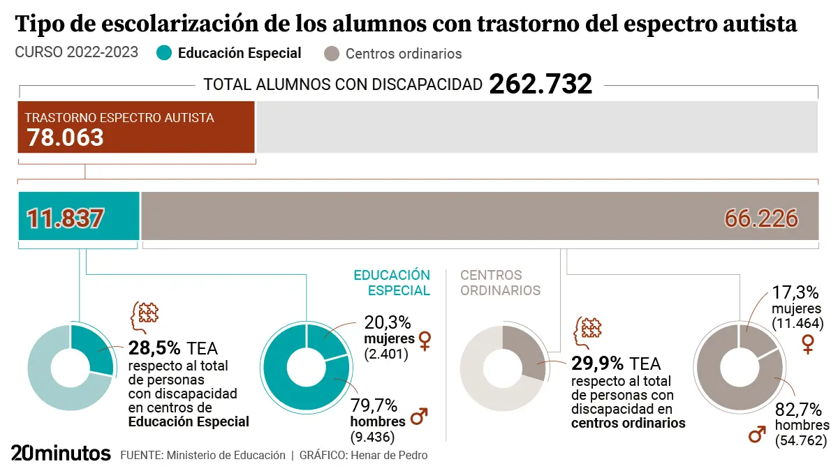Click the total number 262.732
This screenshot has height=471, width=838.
(541, 84)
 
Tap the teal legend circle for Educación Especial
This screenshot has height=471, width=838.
(164, 53)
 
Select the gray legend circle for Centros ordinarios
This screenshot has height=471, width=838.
(332, 54)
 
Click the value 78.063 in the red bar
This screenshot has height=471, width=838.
(65, 137)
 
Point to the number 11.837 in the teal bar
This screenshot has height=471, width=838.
(65, 218)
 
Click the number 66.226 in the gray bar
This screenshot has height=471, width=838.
(761, 218)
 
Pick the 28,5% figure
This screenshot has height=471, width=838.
(154, 347)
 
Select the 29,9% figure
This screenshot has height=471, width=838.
(597, 363)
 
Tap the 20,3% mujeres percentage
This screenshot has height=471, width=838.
(388, 322)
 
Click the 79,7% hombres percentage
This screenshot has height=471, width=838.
(374, 405)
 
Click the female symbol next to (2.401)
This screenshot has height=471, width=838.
(424, 341)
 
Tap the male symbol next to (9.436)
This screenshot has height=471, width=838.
(419, 418)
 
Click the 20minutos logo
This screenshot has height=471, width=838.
(61, 454)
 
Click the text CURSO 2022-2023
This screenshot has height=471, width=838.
(76, 53)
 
